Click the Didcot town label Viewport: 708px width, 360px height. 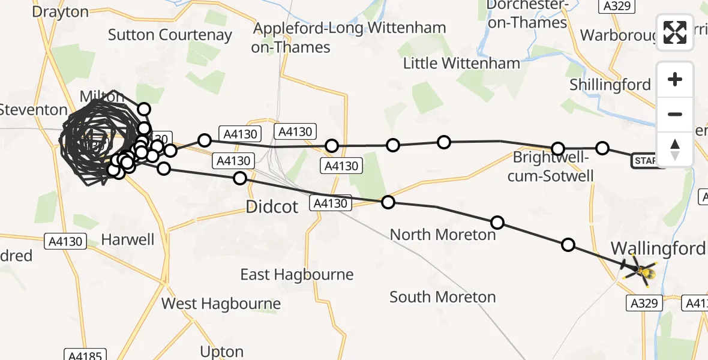pyautogui.click(x=272, y=208)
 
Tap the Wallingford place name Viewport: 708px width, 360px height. pyautogui.click(x=658, y=248)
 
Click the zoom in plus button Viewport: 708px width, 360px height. pyautogui.click(x=675, y=80)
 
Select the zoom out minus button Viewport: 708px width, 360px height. pyautogui.click(x=675, y=114)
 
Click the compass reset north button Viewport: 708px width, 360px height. pyautogui.click(x=675, y=149)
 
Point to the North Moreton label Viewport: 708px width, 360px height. pyautogui.click(x=443, y=234)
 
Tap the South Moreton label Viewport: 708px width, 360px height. pyautogui.click(x=442, y=296)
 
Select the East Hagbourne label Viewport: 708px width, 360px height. pyautogui.click(x=297, y=274)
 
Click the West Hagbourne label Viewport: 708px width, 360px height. pyautogui.click(x=221, y=304)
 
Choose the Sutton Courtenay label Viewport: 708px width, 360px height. pyautogui.click(x=170, y=35)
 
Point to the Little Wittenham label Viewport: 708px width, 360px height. pyautogui.click(x=461, y=63)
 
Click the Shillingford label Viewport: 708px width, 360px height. pyautogui.click(x=610, y=85)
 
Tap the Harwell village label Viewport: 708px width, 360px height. pyautogui.click(x=128, y=239)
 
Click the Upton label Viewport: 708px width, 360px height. pyautogui.click(x=222, y=351)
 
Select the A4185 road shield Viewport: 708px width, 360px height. pyautogui.click(x=85, y=355)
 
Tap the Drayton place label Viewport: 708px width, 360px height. pyautogui.click(x=60, y=11)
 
